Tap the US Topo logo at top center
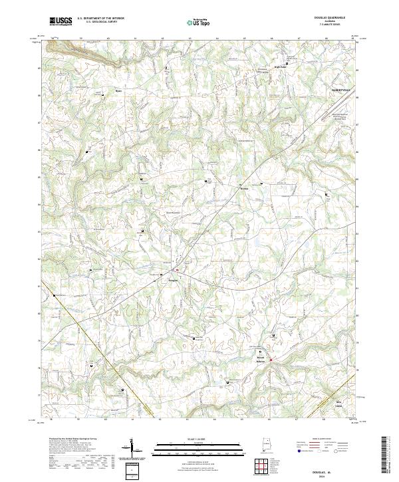(x=199, y=21)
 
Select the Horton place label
(x=243, y=188)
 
